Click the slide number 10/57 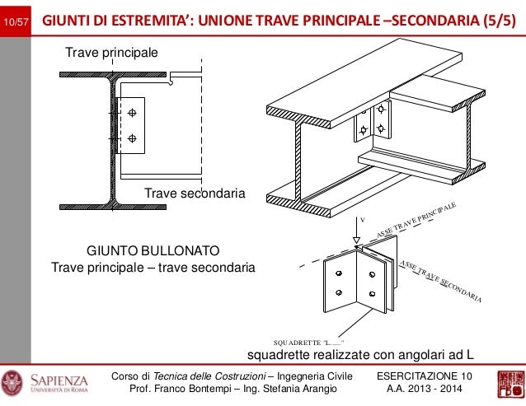click(16, 19)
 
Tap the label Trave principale click(110, 53)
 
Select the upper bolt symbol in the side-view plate click(132, 114)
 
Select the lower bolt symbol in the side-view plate click(132, 138)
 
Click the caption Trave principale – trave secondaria click(153, 268)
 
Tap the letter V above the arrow click(360, 220)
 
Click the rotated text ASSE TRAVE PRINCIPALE click(416, 220)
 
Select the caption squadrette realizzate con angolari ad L click(361, 355)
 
